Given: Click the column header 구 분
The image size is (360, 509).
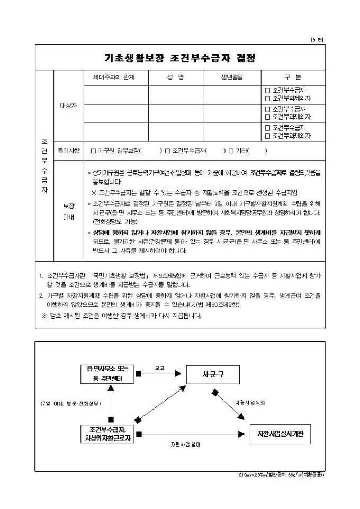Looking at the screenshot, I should (293, 78).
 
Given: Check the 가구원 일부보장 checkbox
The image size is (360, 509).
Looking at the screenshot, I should (94, 151).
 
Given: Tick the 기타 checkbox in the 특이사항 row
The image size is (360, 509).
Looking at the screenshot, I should (231, 151).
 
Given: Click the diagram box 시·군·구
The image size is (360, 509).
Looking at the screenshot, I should (213, 374).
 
